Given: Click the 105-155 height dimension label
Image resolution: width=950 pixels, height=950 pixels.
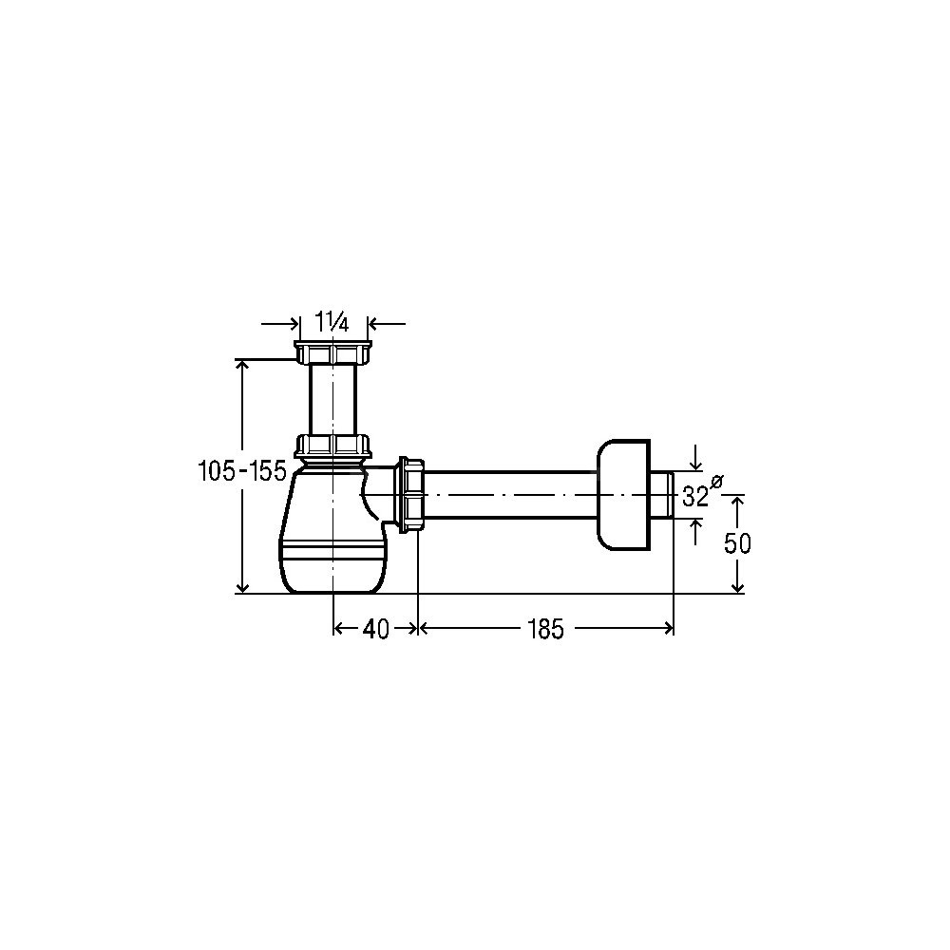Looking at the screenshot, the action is (x=242, y=471).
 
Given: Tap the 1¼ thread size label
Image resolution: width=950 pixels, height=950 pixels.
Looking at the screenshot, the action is (x=332, y=321).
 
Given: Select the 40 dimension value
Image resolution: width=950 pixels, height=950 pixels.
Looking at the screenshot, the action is (x=375, y=630).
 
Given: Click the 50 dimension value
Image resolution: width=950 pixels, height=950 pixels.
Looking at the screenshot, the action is (x=737, y=543).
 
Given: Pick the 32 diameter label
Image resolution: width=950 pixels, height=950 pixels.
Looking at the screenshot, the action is (x=695, y=497).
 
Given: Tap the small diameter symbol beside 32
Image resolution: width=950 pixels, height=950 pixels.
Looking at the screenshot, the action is (x=716, y=482).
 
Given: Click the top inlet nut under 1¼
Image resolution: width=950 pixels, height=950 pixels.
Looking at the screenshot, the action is (x=332, y=352).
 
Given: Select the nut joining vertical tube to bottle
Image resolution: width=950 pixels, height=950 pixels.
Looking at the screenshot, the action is (x=332, y=446).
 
